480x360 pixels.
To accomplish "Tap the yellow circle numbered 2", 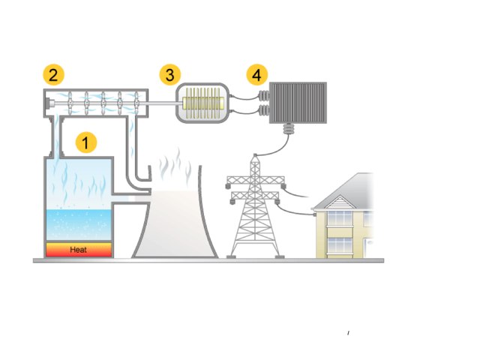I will point(52,75).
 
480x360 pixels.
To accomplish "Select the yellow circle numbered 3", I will point(170,75).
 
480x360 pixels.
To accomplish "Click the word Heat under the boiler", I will point(79,250).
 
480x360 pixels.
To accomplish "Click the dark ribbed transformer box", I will point(298,103).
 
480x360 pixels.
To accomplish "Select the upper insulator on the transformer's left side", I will point(263,97).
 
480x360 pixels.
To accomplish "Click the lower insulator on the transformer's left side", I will point(263,112).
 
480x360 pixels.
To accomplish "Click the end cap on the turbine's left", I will point(47,103).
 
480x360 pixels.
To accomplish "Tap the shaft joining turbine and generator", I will point(161,103).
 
